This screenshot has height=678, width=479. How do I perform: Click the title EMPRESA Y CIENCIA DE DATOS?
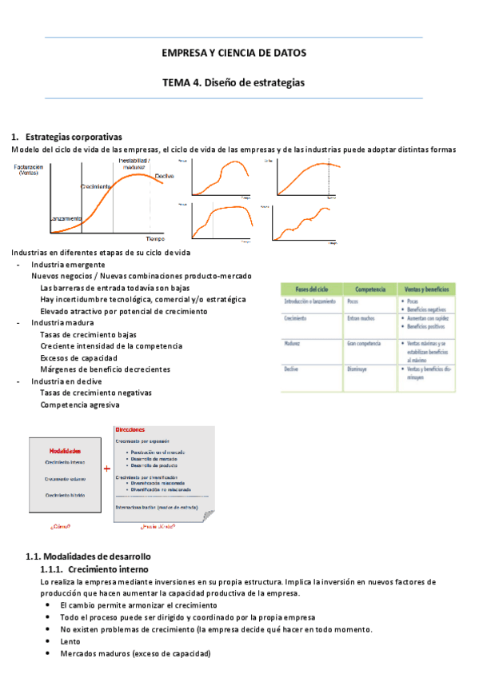234,53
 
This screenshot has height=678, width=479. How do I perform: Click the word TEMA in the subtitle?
178,82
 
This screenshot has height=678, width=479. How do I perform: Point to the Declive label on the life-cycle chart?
164,176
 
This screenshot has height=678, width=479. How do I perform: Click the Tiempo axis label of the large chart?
154,238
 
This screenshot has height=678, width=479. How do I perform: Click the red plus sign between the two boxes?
106,469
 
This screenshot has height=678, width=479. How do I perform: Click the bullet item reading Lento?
70,641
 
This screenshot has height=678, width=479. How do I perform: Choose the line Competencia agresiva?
79,405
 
